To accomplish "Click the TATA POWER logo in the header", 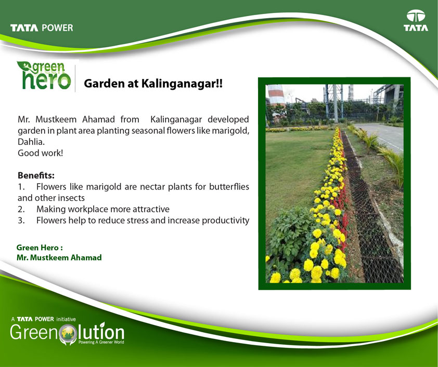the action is pyautogui.click(x=42, y=28).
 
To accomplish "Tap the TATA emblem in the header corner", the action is pyautogui.click(x=416, y=20).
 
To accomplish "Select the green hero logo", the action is pyautogui.click(x=44, y=75).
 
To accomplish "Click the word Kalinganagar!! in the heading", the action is pyautogui.click(x=182, y=84).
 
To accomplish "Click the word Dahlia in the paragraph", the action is pyautogui.click(x=31, y=142).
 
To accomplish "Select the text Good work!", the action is pyautogui.click(x=40, y=153).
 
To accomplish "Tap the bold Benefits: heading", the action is pyautogui.click(x=36, y=175).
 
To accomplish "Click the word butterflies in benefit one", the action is pyautogui.click(x=229, y=186).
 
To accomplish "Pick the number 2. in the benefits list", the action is pyautogui.click(x=21, y=209).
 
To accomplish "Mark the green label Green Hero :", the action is pyautogui.click(x=40, y=248).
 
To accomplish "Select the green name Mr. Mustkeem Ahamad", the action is pyautogui.click(x=59, y=257).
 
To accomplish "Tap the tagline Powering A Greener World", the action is pyautogui.click(x=101, y=342).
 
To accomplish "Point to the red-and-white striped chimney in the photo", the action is pyautogui.click(x=276, y=96).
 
